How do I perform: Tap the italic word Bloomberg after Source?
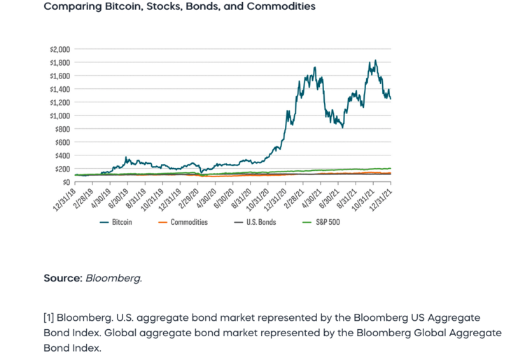tap(113, 278)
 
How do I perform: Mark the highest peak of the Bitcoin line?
tap(376, 61)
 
